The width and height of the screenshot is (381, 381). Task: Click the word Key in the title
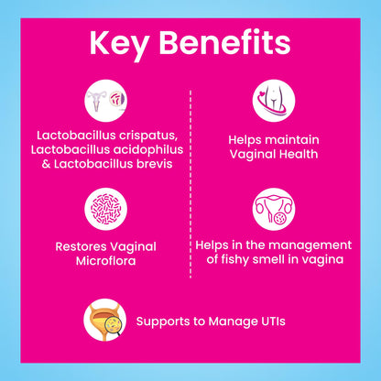click(118, 45)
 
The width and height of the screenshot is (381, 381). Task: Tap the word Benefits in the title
click(224, 42)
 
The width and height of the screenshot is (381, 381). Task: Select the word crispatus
click(148, 136)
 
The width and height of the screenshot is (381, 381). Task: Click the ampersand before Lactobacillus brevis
click(46, 164)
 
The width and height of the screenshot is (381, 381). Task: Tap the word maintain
click(291, 140)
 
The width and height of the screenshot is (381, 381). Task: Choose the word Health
click(299, 154)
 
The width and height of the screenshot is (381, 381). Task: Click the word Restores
click(81, 246)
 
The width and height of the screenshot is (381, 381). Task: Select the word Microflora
click(105, 261)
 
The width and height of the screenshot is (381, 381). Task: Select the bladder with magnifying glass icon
click(105, 320)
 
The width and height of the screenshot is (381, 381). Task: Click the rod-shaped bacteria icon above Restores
click(105, 209)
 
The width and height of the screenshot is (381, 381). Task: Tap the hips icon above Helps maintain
click(274, 101)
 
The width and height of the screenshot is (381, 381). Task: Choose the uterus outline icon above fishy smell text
click(274, 209)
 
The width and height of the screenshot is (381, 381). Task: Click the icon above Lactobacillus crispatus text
click(105, 101)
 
